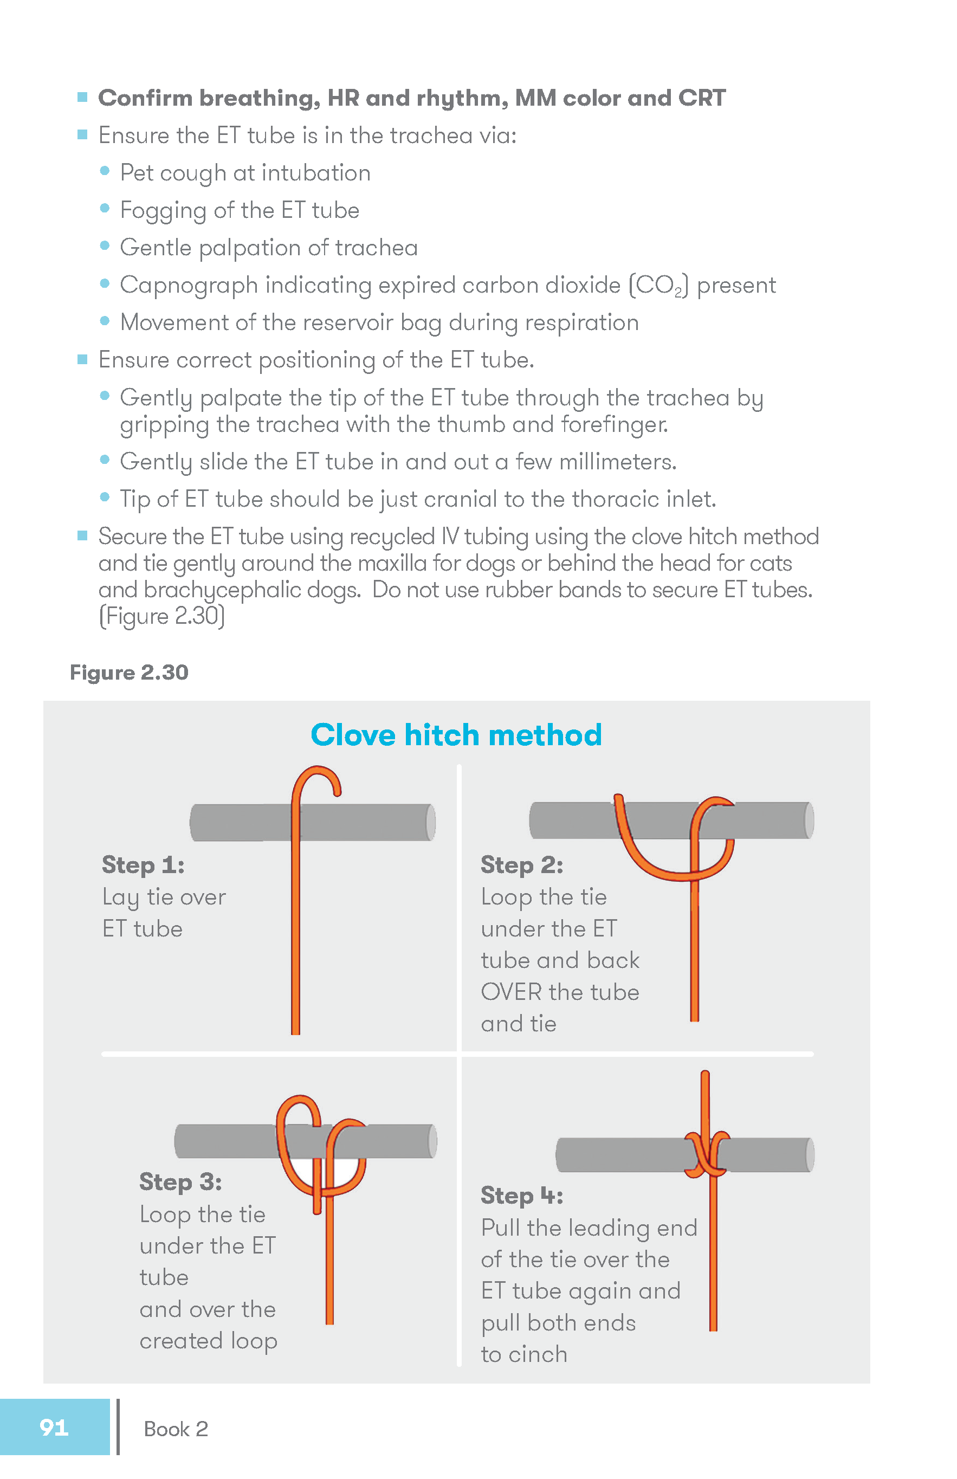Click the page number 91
[x=54, y=1427]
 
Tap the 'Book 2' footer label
[x=176, y=1429]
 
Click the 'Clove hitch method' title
[x=456, y=734]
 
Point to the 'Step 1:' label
[x=143, y=864]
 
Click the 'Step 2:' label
[x=522, y=864]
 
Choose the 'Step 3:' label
[x=180, y=1181]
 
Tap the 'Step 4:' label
[x=522, y=1195]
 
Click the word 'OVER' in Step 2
[x=512, y=992]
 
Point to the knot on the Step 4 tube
[x=707, y=1154]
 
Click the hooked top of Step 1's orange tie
[x=318, y=777]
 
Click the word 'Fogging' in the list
[x=163, y=211]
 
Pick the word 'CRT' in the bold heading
[x=702, y=98]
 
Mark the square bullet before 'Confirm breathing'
[x=82, y=97]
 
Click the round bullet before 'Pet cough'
[x=105, y=171]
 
